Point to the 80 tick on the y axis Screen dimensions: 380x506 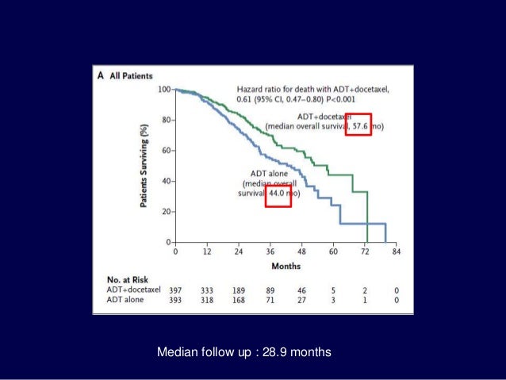(x=165, y=121)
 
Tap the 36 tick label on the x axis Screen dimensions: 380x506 (x=270, y=253)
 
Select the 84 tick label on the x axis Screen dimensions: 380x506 (x=397, y=253)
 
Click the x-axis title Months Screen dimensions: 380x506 (x=286, y=266)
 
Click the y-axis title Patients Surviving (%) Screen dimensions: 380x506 (x=143, y=166)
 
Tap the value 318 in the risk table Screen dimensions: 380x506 (x=207, y=301)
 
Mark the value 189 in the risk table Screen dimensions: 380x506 (x=239, y=290)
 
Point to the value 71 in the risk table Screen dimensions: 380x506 (x=270, y=301)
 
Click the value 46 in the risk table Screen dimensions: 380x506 (x=302, y=290)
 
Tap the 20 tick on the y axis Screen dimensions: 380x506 (x=165, y=212)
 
